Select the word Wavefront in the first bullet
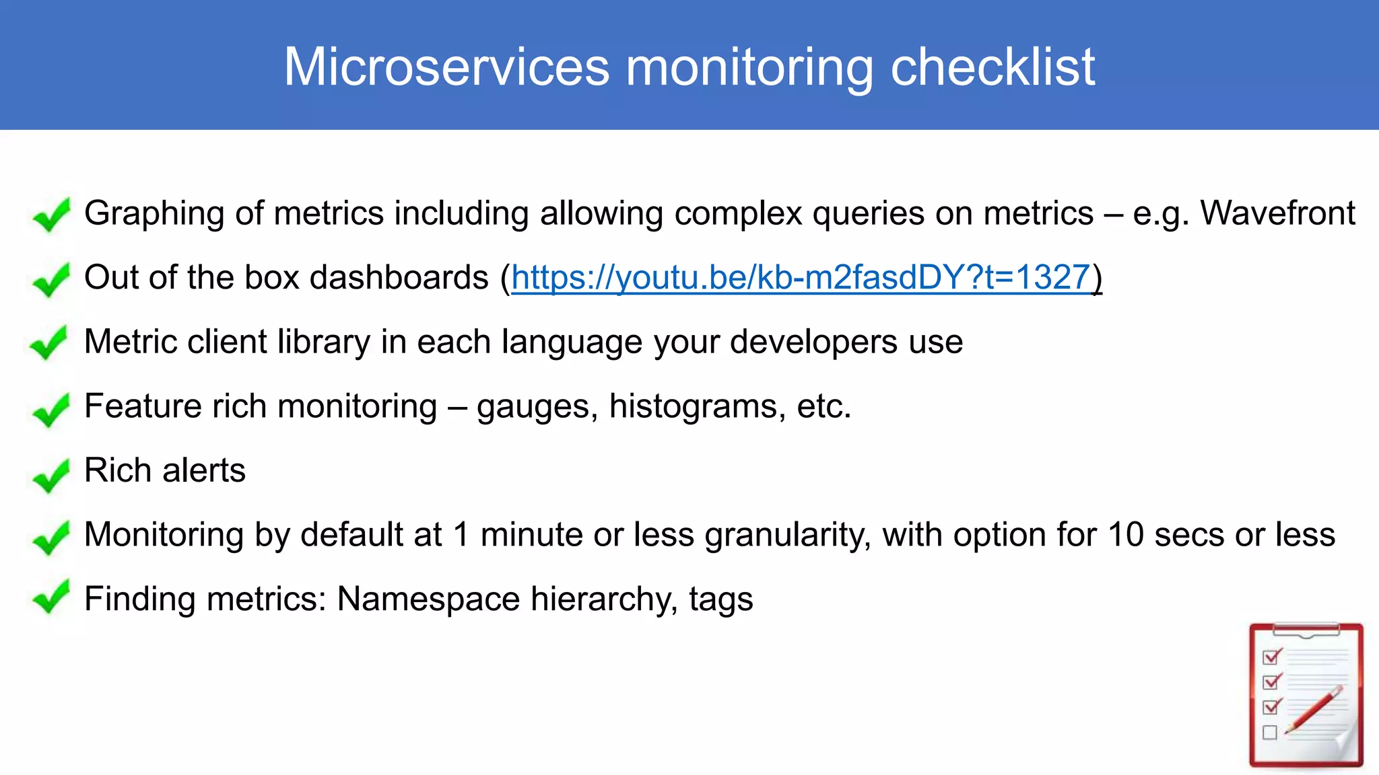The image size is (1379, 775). coord(1277,213)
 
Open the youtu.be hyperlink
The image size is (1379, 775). coord(801,277)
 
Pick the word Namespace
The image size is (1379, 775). coord(428,599)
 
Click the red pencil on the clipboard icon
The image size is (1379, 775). coord(1314,710)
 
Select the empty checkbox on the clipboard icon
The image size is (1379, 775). coord(1270,733)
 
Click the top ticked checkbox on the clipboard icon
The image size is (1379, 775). coord(1272,656)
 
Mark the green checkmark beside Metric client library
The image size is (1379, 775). coord(49,343)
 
